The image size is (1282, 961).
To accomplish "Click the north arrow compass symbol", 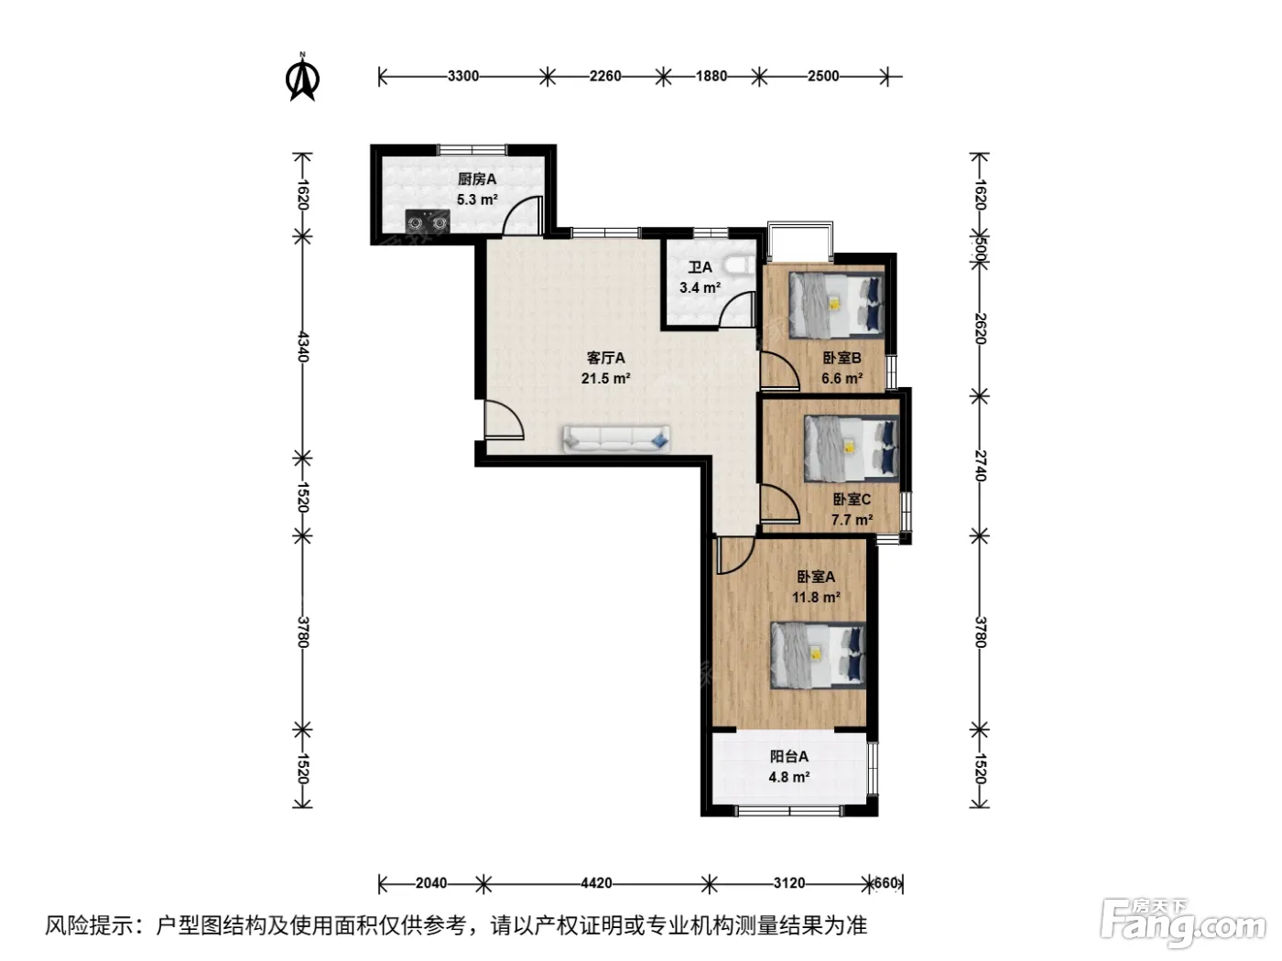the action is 302,77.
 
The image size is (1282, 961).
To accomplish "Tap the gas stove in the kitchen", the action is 428,221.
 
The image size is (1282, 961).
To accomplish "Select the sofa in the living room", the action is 616,438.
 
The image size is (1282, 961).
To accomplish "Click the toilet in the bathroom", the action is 739,264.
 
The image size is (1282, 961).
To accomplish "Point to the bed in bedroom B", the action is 836,305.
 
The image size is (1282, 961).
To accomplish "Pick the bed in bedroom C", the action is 852,448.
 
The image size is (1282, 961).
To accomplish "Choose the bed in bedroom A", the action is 818,655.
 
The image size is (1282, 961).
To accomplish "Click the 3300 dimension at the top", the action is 463,76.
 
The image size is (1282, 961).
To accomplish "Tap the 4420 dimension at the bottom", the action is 596,883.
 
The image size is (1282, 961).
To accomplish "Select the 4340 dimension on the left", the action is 303,347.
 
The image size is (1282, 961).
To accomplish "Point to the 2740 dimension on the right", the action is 980,466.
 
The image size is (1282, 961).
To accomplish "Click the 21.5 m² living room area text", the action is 605,378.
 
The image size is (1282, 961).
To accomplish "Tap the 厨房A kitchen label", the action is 476,179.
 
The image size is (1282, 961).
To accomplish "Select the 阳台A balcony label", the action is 789,757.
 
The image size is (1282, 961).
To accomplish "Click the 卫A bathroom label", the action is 700,267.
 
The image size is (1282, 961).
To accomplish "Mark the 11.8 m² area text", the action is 816,598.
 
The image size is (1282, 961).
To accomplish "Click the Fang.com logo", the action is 1183,924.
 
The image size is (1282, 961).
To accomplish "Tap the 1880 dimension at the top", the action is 712,76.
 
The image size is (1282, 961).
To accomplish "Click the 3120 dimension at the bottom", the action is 789,883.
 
